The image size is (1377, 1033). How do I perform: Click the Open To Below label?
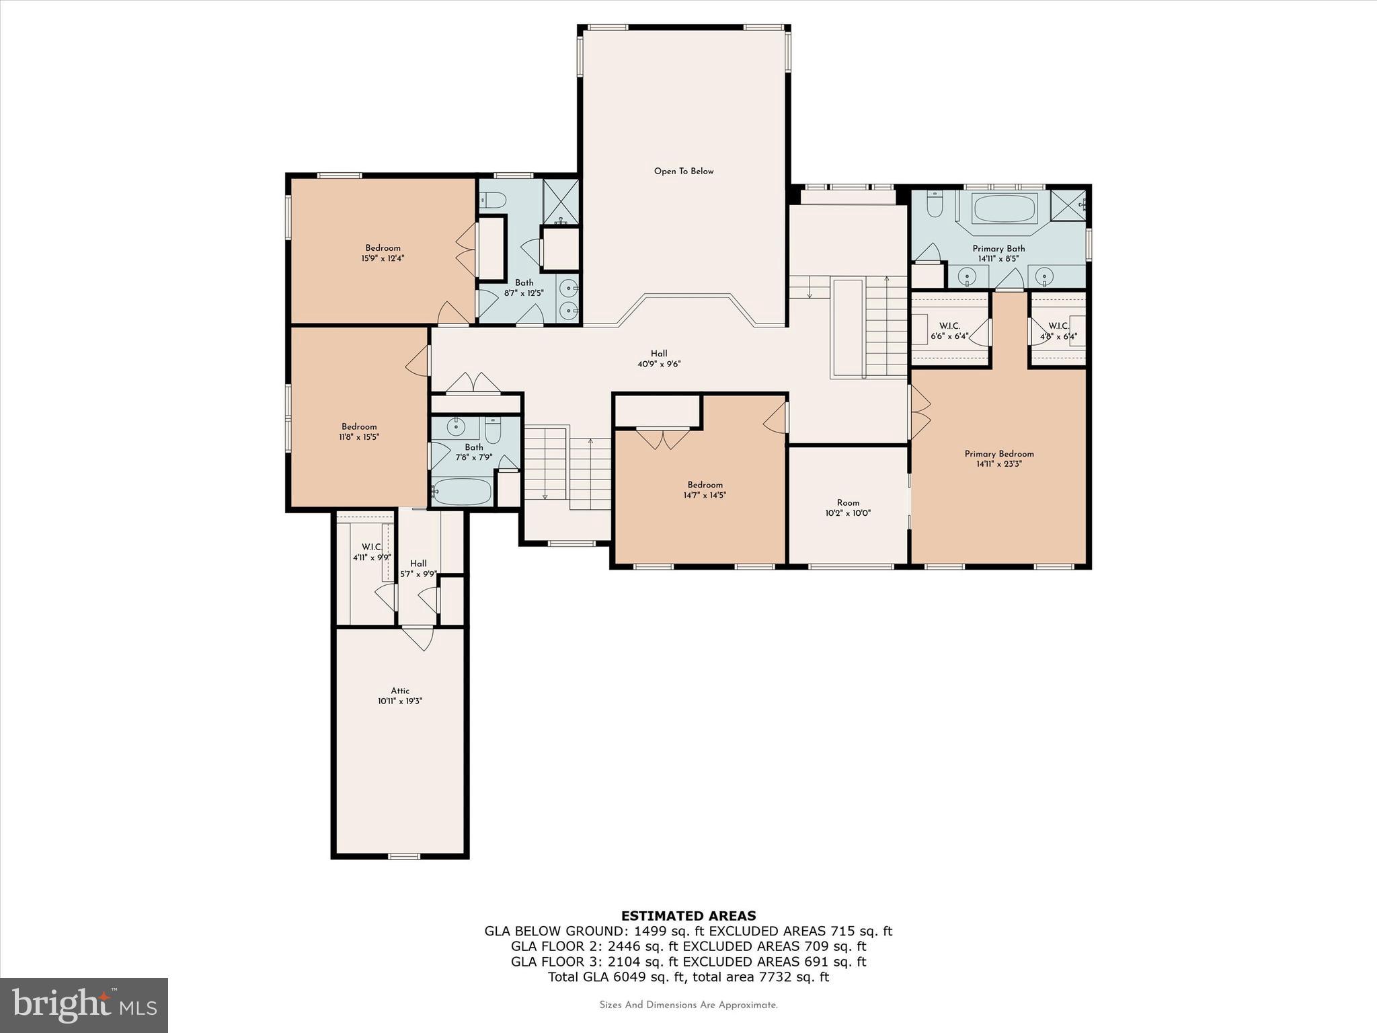(x=684, y=171)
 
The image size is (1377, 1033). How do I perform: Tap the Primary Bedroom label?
(x=999, y=454)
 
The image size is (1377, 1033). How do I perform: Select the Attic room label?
(x=400, y=691)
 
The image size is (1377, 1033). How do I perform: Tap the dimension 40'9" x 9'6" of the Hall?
(x=659, y=365)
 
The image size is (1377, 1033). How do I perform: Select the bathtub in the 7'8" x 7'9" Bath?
(x=462, y=492)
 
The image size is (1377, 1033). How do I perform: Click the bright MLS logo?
(x=84, y=1005)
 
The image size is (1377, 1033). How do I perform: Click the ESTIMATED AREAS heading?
(x=688, y=916)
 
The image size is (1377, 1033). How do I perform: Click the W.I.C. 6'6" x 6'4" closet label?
(x=949, y=331)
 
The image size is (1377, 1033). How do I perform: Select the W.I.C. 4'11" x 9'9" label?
(x=371, y=552)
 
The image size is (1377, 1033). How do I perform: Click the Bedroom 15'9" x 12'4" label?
(x=383, y=253)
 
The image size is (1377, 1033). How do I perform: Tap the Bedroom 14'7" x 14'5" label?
(x=705, y=490)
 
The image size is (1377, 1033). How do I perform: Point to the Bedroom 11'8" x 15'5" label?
(x=359, y=431)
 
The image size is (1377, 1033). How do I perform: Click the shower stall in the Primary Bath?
(x=1068, y=204)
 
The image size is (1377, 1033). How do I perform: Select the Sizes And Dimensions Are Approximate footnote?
(x=688, y=1005)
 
